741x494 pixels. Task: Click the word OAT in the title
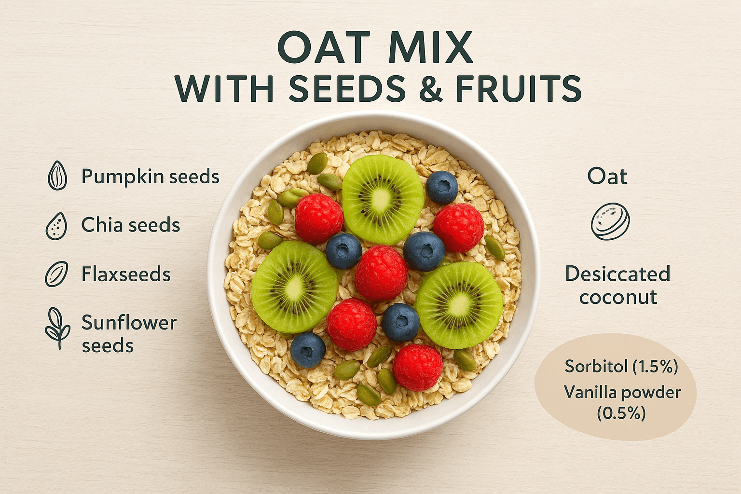[x=324, y=47]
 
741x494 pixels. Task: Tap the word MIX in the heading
[x=431, y=47]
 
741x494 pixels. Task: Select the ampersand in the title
[x=430, y=89]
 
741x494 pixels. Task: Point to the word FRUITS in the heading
[x=519, y=89]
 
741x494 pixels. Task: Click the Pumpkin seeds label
[x=151, y=177]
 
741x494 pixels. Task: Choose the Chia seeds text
[x=131, y=225]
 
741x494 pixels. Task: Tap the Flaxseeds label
[x=126, y=274]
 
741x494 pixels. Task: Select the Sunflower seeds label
[x=129, y=334]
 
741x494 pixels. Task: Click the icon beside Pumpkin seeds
[x=57, y=176]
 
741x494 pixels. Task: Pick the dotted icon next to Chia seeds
[x=56, y=226]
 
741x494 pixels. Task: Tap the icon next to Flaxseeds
[x=56, y=274]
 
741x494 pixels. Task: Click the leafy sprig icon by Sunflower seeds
[x=57, y=328]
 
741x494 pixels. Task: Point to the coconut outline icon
[x=610, y=221]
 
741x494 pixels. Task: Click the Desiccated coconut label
[x=618, y=285]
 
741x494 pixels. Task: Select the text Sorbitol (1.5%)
[x=621, y=366]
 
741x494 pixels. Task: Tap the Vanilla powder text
[x=622, y=393]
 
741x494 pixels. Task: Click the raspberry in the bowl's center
[x=381, y=273]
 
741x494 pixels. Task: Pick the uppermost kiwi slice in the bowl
[x=383, y=200]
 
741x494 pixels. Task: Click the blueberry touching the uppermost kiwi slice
[x=442, y=188]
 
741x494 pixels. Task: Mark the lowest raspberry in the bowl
[x=418, y=368]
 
